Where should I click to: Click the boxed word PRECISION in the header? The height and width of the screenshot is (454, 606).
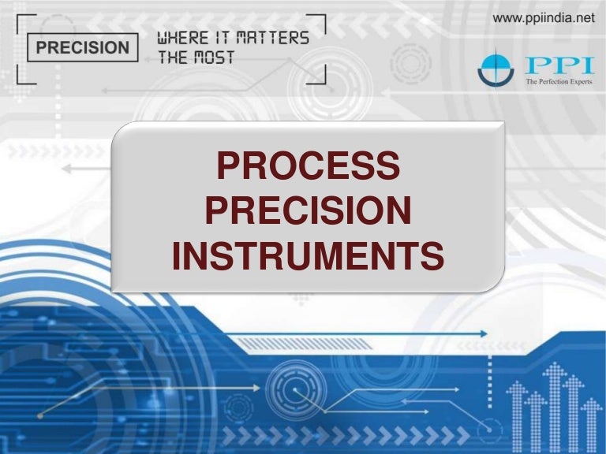[x=83, y=47]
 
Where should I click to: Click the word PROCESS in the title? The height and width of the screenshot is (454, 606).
[x=309, y=167]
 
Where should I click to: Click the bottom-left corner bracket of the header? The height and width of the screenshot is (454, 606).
[x=23, y=76]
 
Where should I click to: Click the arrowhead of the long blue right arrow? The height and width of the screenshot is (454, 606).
[x=483, y=333]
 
